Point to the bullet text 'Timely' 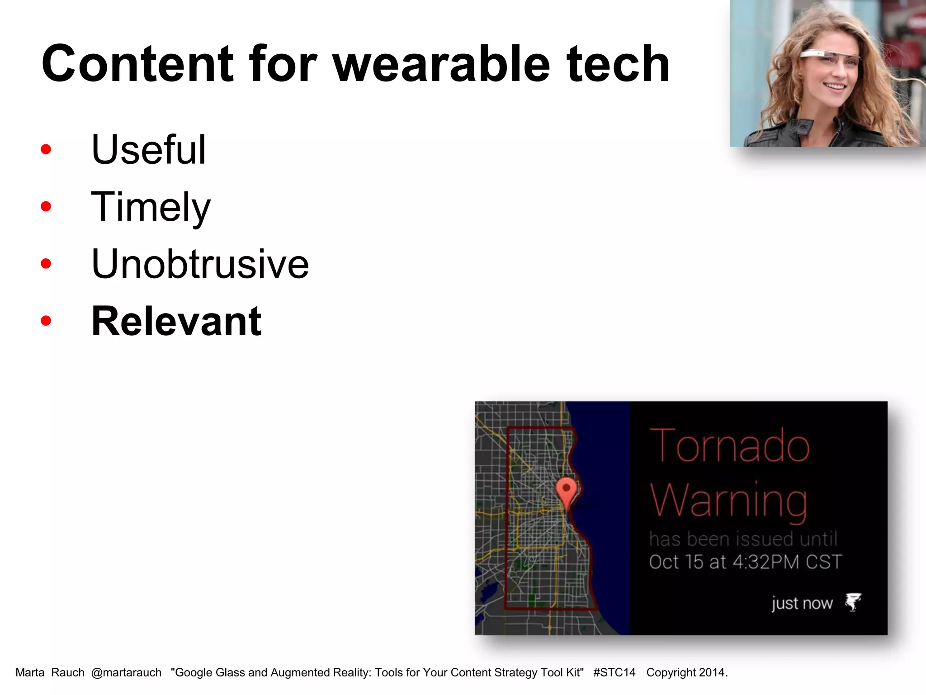tap(151, 207)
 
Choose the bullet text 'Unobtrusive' tap(200, 264)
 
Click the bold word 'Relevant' tap(176, 321)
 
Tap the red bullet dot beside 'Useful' tap(46, 149)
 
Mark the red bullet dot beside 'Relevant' tap(46, 321)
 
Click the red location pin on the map tap(566, 490)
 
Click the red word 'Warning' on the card tap(728, 500)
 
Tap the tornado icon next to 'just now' tap(853, 602)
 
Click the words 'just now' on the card tap(802, 603)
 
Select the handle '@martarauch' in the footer tap(126, 673)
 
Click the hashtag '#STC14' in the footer tap(614, 673)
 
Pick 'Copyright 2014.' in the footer tap(686, 673)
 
